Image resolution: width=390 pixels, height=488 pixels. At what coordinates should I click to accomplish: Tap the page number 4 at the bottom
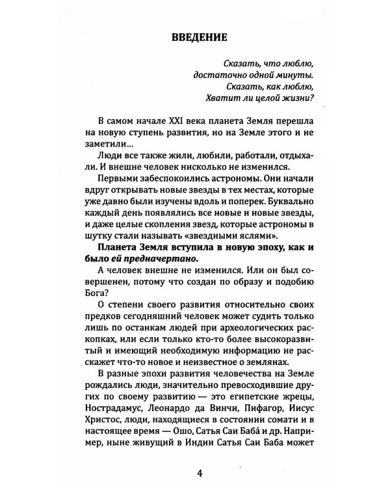pos(195,471)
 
